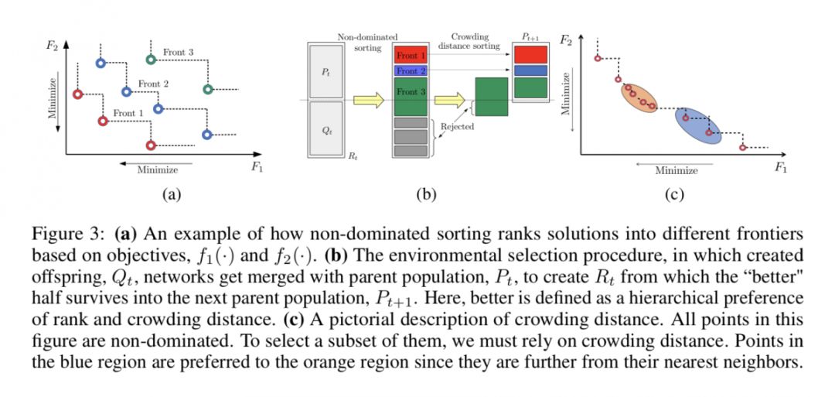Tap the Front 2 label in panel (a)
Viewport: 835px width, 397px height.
pos(153,84)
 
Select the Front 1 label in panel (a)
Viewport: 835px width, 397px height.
pos(128,114)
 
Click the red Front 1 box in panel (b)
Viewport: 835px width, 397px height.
pos(410,55)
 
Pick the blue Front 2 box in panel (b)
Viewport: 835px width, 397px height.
pos(410,70)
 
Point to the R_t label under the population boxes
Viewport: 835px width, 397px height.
pos(353,156)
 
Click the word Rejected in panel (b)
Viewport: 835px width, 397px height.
pos(457,126)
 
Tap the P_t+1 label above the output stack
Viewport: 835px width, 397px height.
pos(530,37)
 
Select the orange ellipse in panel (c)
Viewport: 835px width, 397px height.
pos(639,98)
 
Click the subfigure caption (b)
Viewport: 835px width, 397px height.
pos(427,194)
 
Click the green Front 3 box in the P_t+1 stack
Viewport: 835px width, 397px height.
pos(530,87)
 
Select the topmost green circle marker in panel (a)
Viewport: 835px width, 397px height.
pos(151,59)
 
